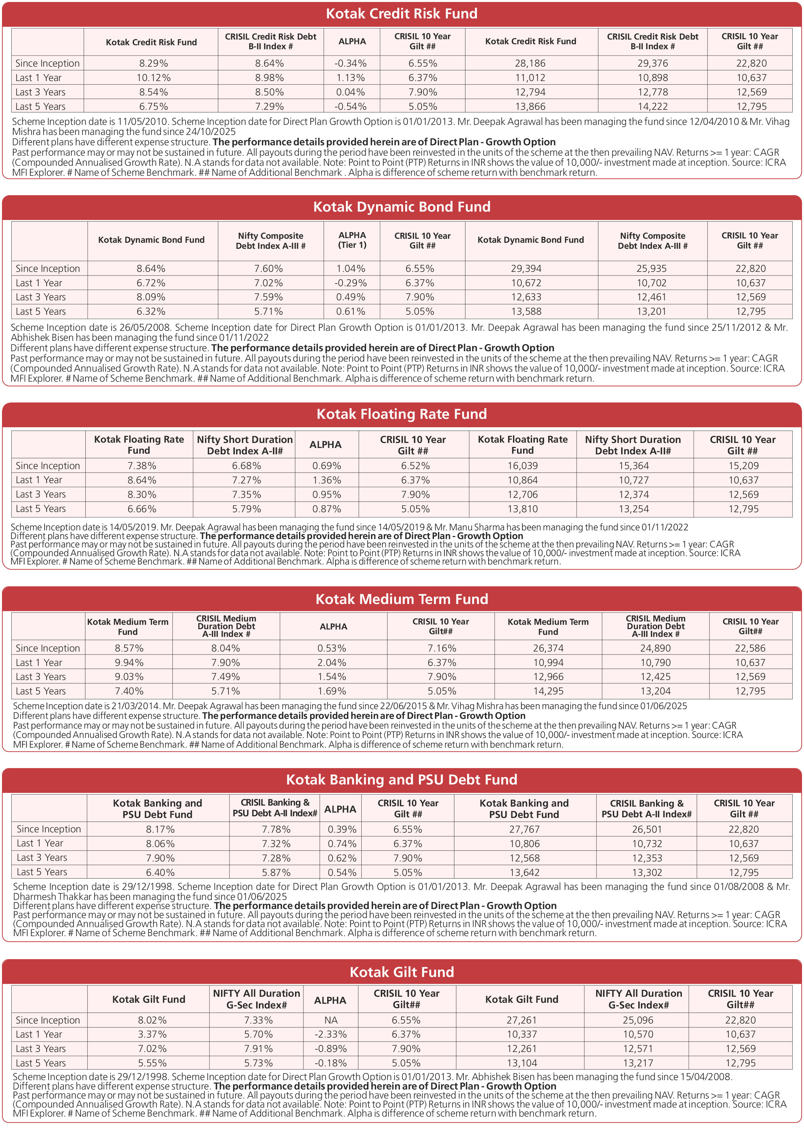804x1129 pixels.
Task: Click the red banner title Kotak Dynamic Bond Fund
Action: pos(401,207)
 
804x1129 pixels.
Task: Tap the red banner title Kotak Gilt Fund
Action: pos(401,972)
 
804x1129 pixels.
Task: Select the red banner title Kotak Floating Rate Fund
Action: pos(401,414)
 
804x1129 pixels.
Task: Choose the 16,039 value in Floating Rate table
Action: pos(522,466)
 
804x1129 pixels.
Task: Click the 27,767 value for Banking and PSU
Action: pos(524,829)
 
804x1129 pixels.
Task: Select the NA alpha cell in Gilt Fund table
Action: pos(331,1020)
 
